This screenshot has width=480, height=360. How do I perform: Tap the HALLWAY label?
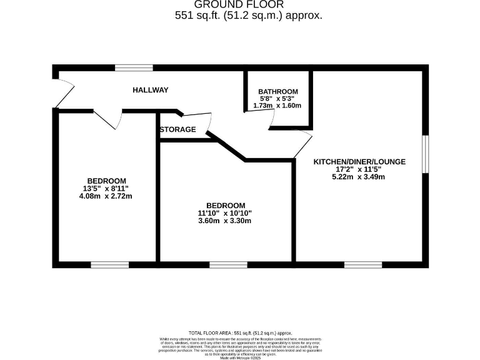151,90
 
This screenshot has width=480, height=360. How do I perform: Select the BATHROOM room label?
278,92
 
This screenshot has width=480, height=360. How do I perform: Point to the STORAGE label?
178,130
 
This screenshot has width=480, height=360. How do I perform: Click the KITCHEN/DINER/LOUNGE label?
359,161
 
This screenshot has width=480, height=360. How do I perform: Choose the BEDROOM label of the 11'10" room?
226,206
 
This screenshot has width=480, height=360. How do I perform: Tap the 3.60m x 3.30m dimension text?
226,221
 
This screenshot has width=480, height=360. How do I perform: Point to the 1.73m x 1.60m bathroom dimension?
278,106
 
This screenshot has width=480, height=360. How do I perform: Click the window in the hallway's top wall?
134,67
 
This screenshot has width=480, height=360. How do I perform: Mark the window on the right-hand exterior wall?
426,153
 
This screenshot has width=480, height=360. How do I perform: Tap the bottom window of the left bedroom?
110,265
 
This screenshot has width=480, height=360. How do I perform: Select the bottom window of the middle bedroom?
228,265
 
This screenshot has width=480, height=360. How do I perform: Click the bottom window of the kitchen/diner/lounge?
363,265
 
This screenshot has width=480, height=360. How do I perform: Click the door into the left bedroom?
107,119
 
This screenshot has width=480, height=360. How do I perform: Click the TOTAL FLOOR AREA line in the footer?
240,333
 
